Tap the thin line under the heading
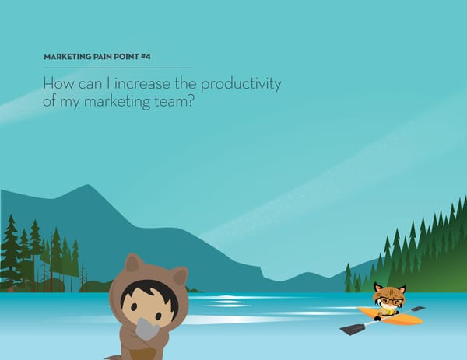tap(117, 68)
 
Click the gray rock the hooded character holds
tap(147, 330)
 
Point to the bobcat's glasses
tap(388, 299)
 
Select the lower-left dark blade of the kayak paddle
tap(351, 329)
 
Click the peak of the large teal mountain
tap(88, 186)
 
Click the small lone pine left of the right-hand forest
tap(348, 277)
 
